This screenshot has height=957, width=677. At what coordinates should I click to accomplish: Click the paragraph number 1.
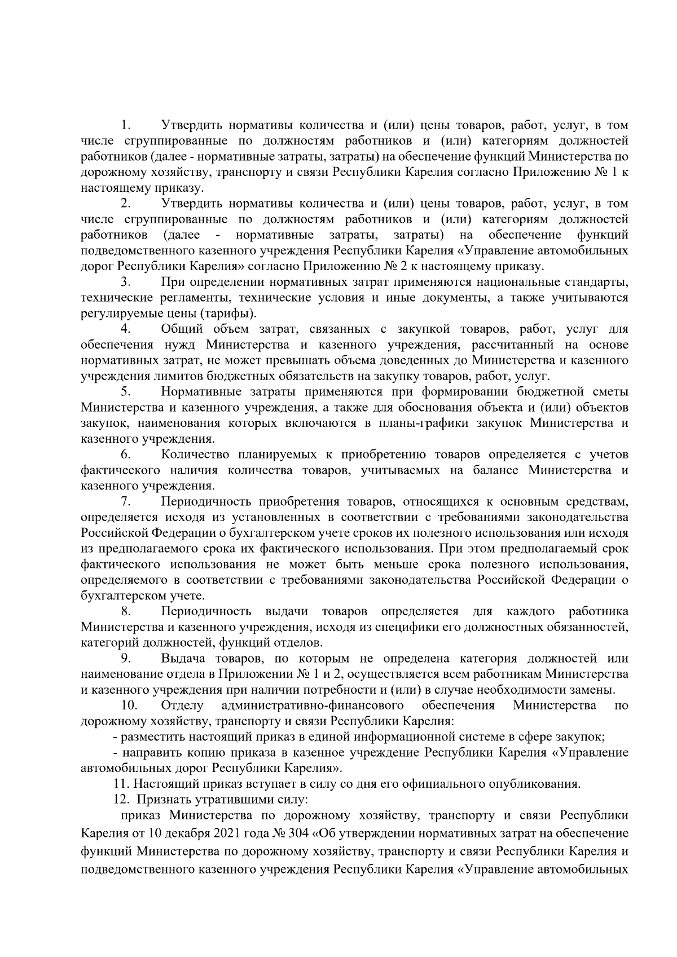pos(126,125)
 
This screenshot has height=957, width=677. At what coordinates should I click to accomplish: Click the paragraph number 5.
pos(126,392)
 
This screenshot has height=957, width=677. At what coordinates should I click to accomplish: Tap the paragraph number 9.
pos(126,659)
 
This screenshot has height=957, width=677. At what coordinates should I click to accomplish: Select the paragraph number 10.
pos(128,705)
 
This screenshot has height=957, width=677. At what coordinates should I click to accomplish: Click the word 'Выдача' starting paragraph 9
pos(182,659)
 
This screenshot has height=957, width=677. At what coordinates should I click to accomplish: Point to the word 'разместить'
pos(148,737)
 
